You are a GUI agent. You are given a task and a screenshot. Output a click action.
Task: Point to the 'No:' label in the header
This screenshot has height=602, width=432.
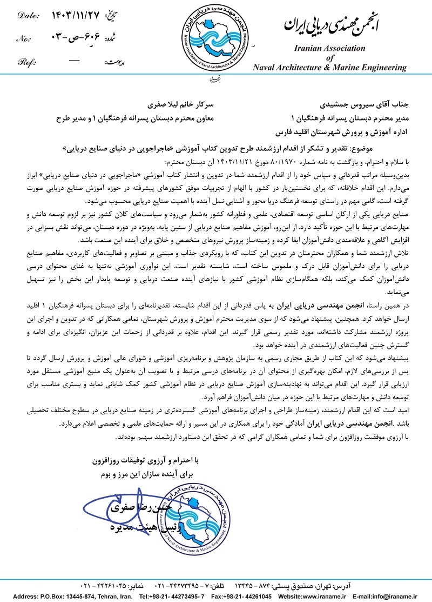[x=24, y=38]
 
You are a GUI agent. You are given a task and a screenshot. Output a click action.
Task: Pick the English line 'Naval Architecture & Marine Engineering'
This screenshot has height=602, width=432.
[x=330, y=68]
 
